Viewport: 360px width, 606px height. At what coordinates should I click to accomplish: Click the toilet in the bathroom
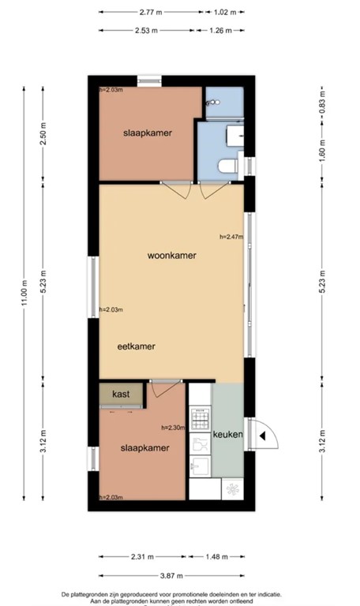[227, 166]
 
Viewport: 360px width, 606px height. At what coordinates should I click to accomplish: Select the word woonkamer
[171, 256]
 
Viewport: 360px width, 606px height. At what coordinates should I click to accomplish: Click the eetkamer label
[136, 346]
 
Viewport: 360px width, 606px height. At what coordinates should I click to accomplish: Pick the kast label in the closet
[121, 393]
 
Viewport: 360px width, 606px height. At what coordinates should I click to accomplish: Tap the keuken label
[227, 435]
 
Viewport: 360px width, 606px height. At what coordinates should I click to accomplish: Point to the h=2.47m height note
[231, 236]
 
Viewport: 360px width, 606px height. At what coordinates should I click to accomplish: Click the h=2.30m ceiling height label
[173, 428]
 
